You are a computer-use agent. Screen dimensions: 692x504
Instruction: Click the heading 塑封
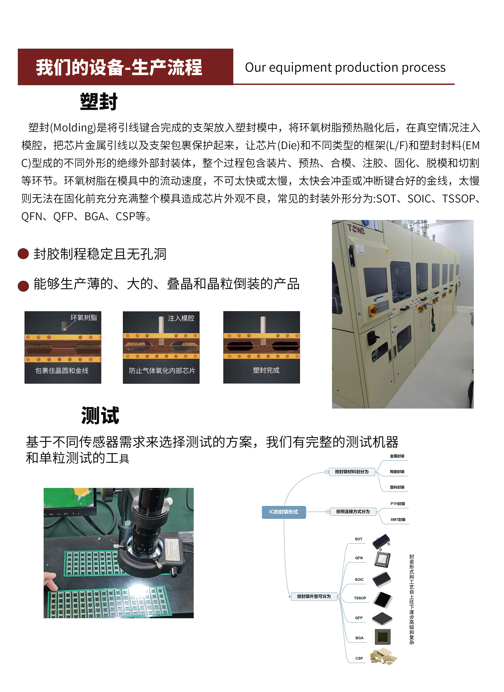click(x=99, y=102)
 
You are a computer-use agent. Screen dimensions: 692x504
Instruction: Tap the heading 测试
click(x=100, y=415)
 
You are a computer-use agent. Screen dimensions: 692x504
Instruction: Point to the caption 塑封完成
click(x=266, y=370)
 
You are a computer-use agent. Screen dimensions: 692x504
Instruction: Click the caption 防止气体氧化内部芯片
click(x=162, y=370)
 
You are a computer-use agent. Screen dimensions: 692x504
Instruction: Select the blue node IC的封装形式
click(x=284, y=512)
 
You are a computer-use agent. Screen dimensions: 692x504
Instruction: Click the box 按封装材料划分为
click(x=351, y=471)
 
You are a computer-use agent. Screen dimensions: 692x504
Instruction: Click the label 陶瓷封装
click(x=397, y=472)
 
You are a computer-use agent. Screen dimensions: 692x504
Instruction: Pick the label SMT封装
click(x=398, y=519)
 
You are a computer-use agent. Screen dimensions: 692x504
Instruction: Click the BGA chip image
click(x=382, y=637)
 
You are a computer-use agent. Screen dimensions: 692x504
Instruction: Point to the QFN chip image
click(x=382, y=559)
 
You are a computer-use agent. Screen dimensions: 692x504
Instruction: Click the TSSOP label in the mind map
click(x=360, y=598)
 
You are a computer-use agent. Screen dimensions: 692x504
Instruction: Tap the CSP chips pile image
click(x=383, y=656)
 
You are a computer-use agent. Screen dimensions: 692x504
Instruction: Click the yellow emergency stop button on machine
click(x=374, y=310)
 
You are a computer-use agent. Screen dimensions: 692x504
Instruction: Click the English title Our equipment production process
click(x=345, y=67)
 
